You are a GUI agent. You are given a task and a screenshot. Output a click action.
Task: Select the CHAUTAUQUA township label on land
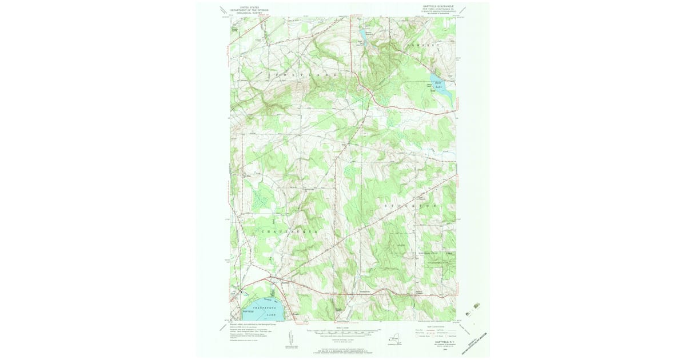click(289, 231)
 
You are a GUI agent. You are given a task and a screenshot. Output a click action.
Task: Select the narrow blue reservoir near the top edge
click(361, 34)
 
